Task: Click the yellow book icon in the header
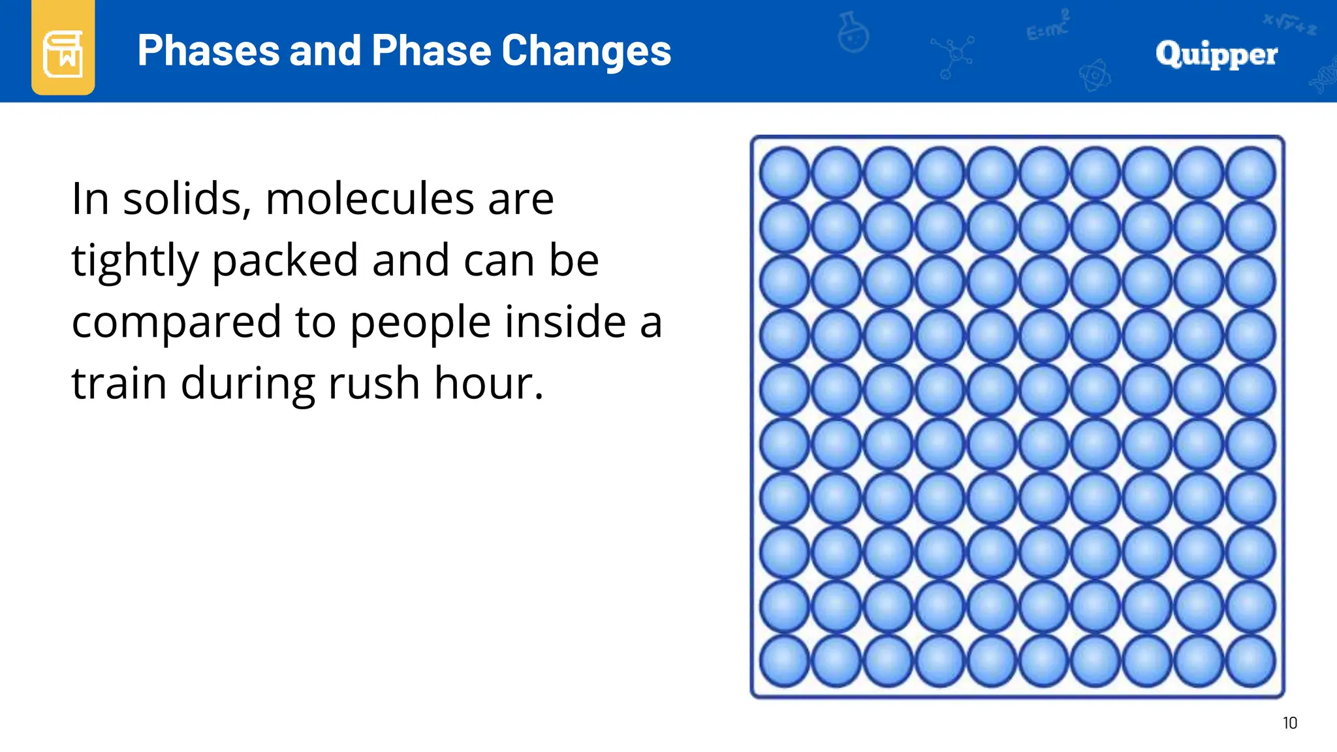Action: (63, 51)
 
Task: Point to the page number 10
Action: (1289, 723)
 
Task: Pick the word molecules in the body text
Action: (370, 198)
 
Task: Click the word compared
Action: (176, 322)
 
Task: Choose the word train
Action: (119, 383)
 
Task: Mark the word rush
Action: (373, 383)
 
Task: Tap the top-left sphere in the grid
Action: (784, 173)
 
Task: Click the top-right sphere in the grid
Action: (1250, 173)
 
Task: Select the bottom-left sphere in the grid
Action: (784, 661)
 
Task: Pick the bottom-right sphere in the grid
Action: (1250, 661)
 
